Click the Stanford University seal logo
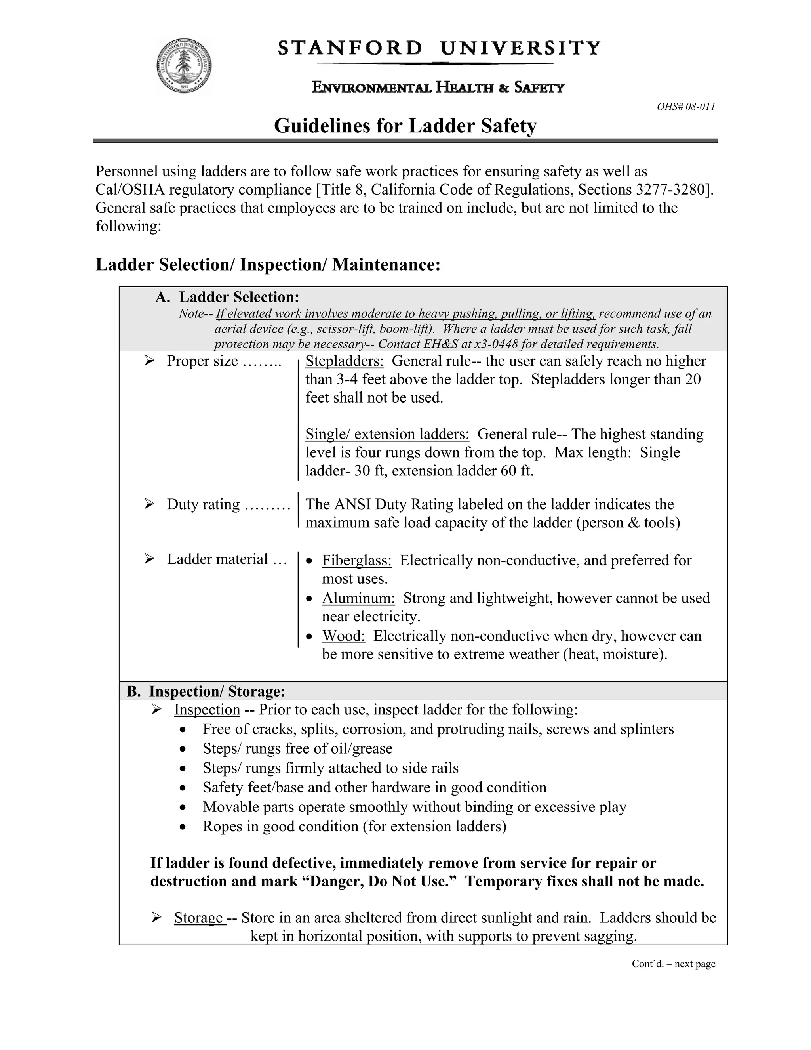[x=183, y=65]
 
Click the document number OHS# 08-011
[x=685, y=107]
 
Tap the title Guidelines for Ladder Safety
[x=405, y=126]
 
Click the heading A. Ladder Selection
[x=227, y=297]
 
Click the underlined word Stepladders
[x=345, y=361]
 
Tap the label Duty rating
[x=203, y=504]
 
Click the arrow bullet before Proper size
[x=149, y=360]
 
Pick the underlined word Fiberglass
[x=356, y=560]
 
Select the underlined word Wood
[x=343, y=636]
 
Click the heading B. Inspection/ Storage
[x=206, y=691]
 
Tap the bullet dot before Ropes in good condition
[x=183, y=827]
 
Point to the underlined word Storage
[x=198, y=918]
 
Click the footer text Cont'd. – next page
[x=673, y=964]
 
